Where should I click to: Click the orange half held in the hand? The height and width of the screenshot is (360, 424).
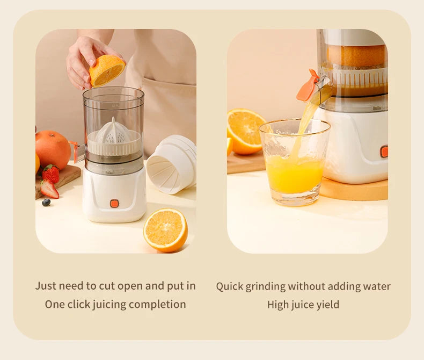(x=107, y=70)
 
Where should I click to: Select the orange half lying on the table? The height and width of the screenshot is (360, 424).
(x=165, y=230)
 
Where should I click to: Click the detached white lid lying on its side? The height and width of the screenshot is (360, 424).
(x=172, y=164)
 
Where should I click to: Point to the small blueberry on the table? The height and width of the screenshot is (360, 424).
(x=46, y=202)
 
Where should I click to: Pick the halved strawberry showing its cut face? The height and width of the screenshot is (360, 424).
(x=49, y=189)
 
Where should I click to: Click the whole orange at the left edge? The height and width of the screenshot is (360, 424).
(x=53, y=149)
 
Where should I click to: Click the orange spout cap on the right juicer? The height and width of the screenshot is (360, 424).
(x=308, y=86)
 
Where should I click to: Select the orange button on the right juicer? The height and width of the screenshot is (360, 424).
(x=384, y=152)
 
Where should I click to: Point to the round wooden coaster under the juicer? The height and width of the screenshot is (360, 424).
(x=354, y=189)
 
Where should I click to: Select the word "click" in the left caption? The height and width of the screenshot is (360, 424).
(x=78, y=304)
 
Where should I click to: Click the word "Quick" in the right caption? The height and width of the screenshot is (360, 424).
(x=229, y=286)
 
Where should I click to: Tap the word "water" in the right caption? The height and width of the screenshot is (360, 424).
(x=376, y=286)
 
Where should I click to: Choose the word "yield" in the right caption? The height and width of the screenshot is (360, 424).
(x=327, y=305)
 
